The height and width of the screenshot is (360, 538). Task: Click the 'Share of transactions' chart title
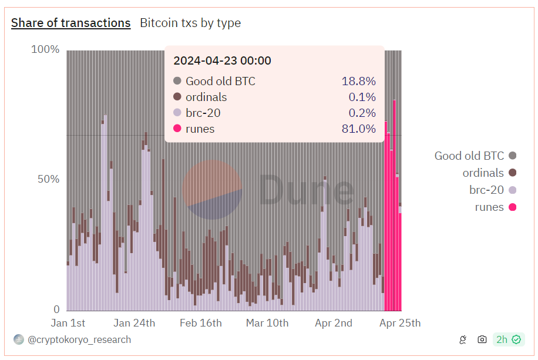point(70,23)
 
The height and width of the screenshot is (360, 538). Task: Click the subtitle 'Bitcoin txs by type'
point(190,23)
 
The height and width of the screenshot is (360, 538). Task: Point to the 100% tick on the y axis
point(45,49)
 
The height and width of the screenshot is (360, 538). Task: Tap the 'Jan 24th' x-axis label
point(134,323)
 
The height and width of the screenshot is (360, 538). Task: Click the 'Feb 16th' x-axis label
point(201,323)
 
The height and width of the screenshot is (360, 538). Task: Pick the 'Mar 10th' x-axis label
point(267,323)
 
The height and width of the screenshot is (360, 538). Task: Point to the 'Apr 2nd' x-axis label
point(334,323)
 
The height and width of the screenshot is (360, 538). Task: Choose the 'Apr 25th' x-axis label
point(400,323)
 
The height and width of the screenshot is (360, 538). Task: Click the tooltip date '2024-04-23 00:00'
point(222,60)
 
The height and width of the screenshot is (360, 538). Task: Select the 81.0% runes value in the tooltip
point(358,129)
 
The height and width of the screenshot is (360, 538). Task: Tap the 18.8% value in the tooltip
point(358,81)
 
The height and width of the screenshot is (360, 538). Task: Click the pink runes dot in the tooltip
point(177,129)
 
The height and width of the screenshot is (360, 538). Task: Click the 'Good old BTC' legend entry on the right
point(469,156)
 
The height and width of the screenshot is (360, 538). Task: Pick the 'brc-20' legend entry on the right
point(486,190)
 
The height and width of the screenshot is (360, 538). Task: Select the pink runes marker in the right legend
point(512,207)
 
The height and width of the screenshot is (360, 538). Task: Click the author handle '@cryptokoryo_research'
point(79,339)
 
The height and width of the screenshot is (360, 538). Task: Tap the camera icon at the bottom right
point(482,339)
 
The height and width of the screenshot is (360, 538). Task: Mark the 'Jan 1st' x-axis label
point(68,323)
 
